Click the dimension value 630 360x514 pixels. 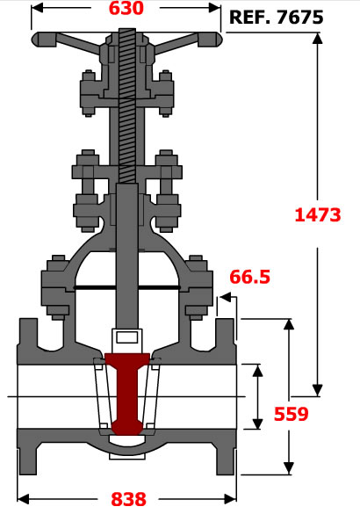126,8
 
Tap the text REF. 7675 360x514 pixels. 276,17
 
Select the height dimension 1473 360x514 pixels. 318,214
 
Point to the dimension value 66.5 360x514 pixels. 249,277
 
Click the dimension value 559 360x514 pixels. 292,414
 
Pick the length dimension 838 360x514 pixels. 128,499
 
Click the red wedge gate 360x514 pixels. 127,394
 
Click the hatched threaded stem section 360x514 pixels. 127,105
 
